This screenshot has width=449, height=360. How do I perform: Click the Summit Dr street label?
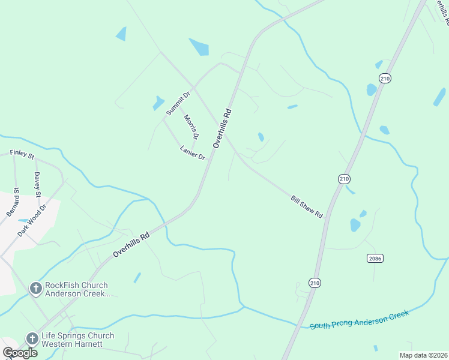click(178, 103)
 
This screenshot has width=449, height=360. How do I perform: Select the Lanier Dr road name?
click(193, 152)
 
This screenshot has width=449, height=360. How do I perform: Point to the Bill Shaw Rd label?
click(307, 206)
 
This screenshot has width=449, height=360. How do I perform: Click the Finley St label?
click(22, 154)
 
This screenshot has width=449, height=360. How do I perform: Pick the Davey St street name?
click(37, 185)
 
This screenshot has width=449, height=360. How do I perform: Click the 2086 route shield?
click(375, 258)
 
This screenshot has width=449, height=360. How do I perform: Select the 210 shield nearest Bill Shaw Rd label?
click(344, 179)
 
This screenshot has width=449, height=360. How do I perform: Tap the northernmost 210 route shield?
click(385, 79)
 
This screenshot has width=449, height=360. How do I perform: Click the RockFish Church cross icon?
click(35, 289)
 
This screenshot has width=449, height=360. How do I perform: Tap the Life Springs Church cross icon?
click(31, 339)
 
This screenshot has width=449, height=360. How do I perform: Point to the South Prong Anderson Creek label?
click(359, 319)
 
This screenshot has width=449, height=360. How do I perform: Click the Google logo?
click(20, 352)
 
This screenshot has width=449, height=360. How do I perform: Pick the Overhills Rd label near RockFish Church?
click(131, 245)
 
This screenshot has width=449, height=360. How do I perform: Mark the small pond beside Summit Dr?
click(158, 103)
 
